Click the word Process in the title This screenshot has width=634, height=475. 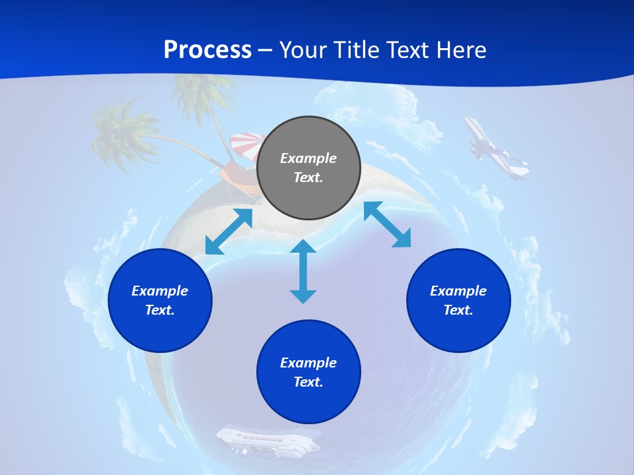(207, 50)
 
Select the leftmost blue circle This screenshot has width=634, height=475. (160, 300)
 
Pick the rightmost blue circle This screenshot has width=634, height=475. (458, 300)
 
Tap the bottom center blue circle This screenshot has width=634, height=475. (308, 372)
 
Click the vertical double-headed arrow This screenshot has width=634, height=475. (303, 271)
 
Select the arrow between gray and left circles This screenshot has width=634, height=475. (229, 232)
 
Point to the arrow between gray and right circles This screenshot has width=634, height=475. (387, 224)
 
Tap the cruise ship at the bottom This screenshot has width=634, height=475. (267, 441)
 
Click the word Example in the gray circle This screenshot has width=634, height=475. (308, 158)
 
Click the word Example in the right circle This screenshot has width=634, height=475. (458, 291)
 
